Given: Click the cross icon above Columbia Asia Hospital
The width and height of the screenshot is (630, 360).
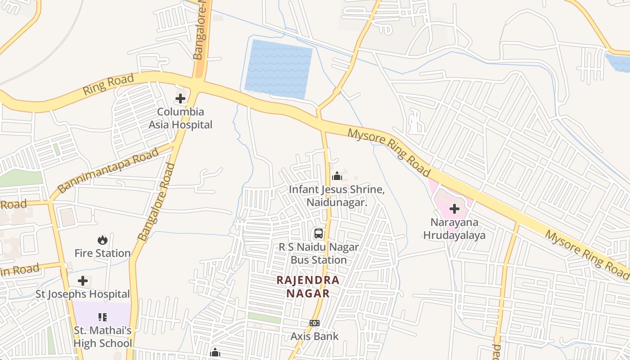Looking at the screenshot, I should pos(180,99).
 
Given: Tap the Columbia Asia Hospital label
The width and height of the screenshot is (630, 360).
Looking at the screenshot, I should pos(180,118).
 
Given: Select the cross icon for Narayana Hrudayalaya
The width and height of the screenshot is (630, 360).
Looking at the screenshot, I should pos(454,209).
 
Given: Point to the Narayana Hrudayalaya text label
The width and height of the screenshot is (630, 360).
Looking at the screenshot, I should pos(454,229).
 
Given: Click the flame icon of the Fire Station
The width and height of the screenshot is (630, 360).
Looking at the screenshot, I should pos(103,240).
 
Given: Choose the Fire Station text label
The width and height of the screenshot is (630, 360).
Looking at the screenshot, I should pos(103,253).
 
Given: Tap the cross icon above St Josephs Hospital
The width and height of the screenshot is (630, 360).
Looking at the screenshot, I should pos(83,281).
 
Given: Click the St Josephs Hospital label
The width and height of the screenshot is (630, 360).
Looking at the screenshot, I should pos(83,294).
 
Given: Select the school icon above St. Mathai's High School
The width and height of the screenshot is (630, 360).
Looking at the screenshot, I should pos(102,317).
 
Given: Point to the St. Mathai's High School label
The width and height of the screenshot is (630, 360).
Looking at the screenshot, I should pos(103,337).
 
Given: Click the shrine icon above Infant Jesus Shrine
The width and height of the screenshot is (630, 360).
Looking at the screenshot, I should pos(337,176).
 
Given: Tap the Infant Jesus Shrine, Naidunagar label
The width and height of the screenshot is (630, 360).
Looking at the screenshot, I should pos(337,196).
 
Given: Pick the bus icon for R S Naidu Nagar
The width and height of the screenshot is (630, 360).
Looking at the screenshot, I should pos(319,234).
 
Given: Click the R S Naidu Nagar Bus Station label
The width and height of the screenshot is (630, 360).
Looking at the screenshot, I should pos(319,253).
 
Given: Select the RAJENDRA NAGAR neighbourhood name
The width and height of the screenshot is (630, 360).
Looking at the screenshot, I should pos(308,287).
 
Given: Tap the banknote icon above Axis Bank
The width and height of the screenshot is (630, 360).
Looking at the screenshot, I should pos(315,323).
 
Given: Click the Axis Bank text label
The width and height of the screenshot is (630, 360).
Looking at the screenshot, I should pos(315,336).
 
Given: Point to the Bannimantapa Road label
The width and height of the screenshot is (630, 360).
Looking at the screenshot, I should pos(108,171).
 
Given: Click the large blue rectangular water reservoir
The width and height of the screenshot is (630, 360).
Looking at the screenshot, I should pos(279,69).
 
